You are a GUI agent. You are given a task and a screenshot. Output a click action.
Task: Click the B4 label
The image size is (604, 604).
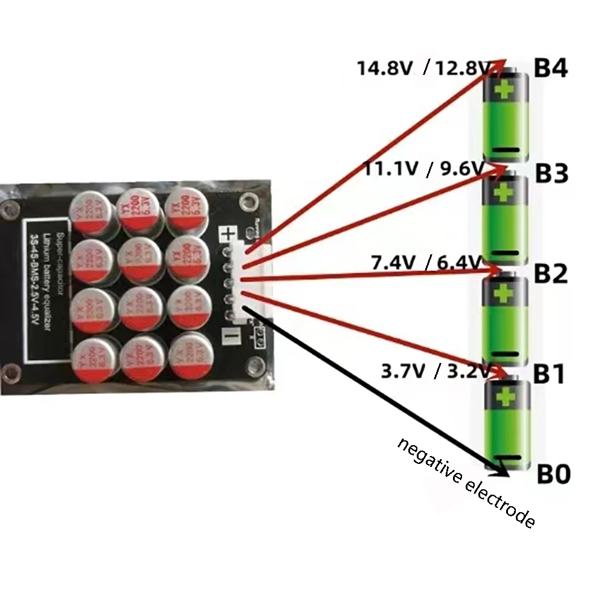coord(551,68)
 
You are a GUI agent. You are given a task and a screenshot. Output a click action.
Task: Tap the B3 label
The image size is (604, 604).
coord(551,174)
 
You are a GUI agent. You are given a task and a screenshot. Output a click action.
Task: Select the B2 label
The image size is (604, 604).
coord(551,275)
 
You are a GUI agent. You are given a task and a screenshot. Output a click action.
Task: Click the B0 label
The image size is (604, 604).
coord(553,475)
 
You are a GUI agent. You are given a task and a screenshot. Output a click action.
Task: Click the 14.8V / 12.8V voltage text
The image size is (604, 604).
coord(423,68)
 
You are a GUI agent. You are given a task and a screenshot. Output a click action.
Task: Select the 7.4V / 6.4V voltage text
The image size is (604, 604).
coord(426,263)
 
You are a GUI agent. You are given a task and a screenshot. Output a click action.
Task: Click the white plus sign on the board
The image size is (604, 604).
coord(228,234)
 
